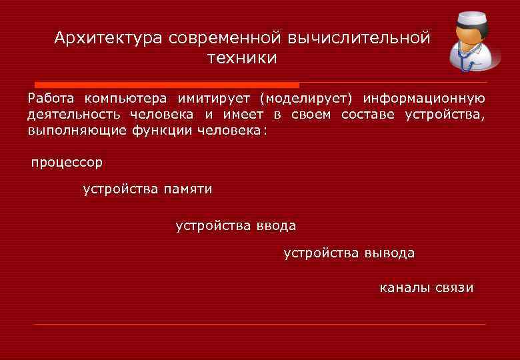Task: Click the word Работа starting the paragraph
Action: (x=51, y=99)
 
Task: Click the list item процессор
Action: (x=67, y=162)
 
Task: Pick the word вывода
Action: (x=389, y=253)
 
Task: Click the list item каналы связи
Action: (x=427, y=288)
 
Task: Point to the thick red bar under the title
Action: (x=167, y=85)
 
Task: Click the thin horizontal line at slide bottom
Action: (x=260, y=325)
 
